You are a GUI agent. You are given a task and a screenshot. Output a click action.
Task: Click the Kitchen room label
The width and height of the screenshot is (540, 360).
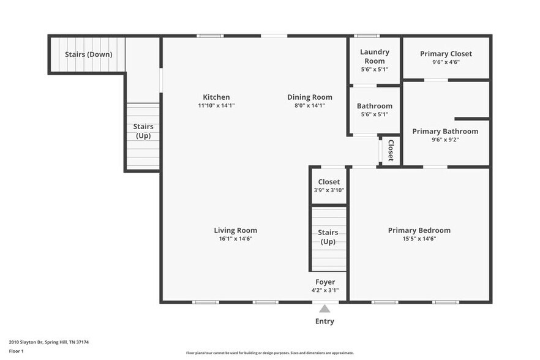tap(216, 97)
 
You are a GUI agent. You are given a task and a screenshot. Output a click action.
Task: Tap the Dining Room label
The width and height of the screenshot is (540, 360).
tap(310, 97)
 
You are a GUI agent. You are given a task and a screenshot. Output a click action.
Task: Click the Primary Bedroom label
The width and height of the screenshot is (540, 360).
tap(419, 231)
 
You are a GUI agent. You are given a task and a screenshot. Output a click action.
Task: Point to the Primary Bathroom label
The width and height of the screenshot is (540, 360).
tap(445, 132)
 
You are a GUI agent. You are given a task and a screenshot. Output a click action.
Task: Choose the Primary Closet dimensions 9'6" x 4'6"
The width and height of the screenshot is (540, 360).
tap(446, 62)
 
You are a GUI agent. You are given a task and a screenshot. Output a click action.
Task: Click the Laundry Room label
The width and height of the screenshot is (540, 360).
tap(374, 56)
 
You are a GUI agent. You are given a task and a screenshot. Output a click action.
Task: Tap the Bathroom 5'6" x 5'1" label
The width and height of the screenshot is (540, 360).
tap(374, 107)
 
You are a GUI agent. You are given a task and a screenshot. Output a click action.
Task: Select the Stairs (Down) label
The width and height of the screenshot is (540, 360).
tap(88, 54)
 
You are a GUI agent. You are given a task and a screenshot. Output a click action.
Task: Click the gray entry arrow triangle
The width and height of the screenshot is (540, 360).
tap(324, 309)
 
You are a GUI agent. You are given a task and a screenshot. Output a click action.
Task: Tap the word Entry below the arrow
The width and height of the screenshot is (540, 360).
tap(324, 321)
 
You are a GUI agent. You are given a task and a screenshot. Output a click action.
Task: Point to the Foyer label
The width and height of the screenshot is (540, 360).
tap(325, 282)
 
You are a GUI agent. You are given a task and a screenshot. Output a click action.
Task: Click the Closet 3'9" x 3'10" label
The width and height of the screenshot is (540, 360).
tap(329, 182)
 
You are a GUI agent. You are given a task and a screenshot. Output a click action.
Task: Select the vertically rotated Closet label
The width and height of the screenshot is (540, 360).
tap(390, 151)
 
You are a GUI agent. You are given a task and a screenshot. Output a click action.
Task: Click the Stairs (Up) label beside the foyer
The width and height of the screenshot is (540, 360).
tap(328, 237)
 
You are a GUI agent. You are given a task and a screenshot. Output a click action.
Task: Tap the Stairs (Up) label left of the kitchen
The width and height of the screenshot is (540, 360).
tap(143, 131)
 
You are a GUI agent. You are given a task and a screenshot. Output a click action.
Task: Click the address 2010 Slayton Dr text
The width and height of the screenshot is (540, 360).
tap(49, 342)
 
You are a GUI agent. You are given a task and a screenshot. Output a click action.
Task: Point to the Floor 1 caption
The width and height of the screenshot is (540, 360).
tap(16, 351)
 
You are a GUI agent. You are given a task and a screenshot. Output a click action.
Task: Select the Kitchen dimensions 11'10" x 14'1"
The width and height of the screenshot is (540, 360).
tap(216, 105)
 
